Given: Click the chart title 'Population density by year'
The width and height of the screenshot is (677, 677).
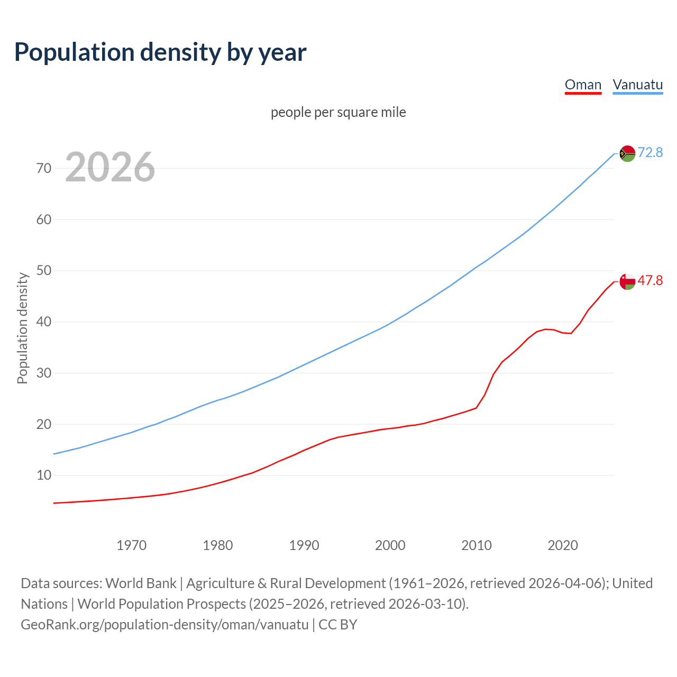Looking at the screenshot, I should [x=160, y=52].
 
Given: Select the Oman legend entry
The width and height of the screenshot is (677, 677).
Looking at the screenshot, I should [x=583, y=85].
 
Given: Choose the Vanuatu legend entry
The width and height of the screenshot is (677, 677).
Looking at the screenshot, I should [x=637, y=85].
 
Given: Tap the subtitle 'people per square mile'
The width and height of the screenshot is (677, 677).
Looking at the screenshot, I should [x=338, y=112].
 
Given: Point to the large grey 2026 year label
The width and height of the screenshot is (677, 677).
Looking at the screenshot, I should [x=110, y=168].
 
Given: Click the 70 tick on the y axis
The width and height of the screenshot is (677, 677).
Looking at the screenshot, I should [x=44, y=168].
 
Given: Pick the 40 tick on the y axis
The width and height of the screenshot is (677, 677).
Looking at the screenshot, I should [x=44, y=322].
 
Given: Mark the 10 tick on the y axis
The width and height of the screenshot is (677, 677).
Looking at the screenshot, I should [x=44, y=475].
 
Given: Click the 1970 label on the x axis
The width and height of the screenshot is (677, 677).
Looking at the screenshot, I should [x=131, y=545].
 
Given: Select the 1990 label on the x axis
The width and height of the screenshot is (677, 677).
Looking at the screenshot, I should [x=304, y=545].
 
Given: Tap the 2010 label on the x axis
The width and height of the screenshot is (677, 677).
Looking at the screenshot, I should [x=477, y=545].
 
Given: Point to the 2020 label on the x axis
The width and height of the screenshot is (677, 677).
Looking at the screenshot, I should [x=563, y=545].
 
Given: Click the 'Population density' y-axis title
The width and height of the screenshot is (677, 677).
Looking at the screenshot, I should [x=22, y=328].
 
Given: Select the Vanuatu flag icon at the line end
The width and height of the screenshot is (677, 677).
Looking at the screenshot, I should [x=627, y=153].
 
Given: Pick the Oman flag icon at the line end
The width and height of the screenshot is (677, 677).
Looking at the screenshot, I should [x=627, y=281].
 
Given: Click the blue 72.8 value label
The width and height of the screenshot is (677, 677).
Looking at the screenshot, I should [x=650, y=152].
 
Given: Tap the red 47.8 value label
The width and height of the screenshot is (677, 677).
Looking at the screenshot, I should [x=650, y=280].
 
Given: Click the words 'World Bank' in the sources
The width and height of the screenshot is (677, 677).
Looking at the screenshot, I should [x=141, y=583].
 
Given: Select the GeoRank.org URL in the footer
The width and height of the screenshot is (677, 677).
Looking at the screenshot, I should [x=164, y=625].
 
